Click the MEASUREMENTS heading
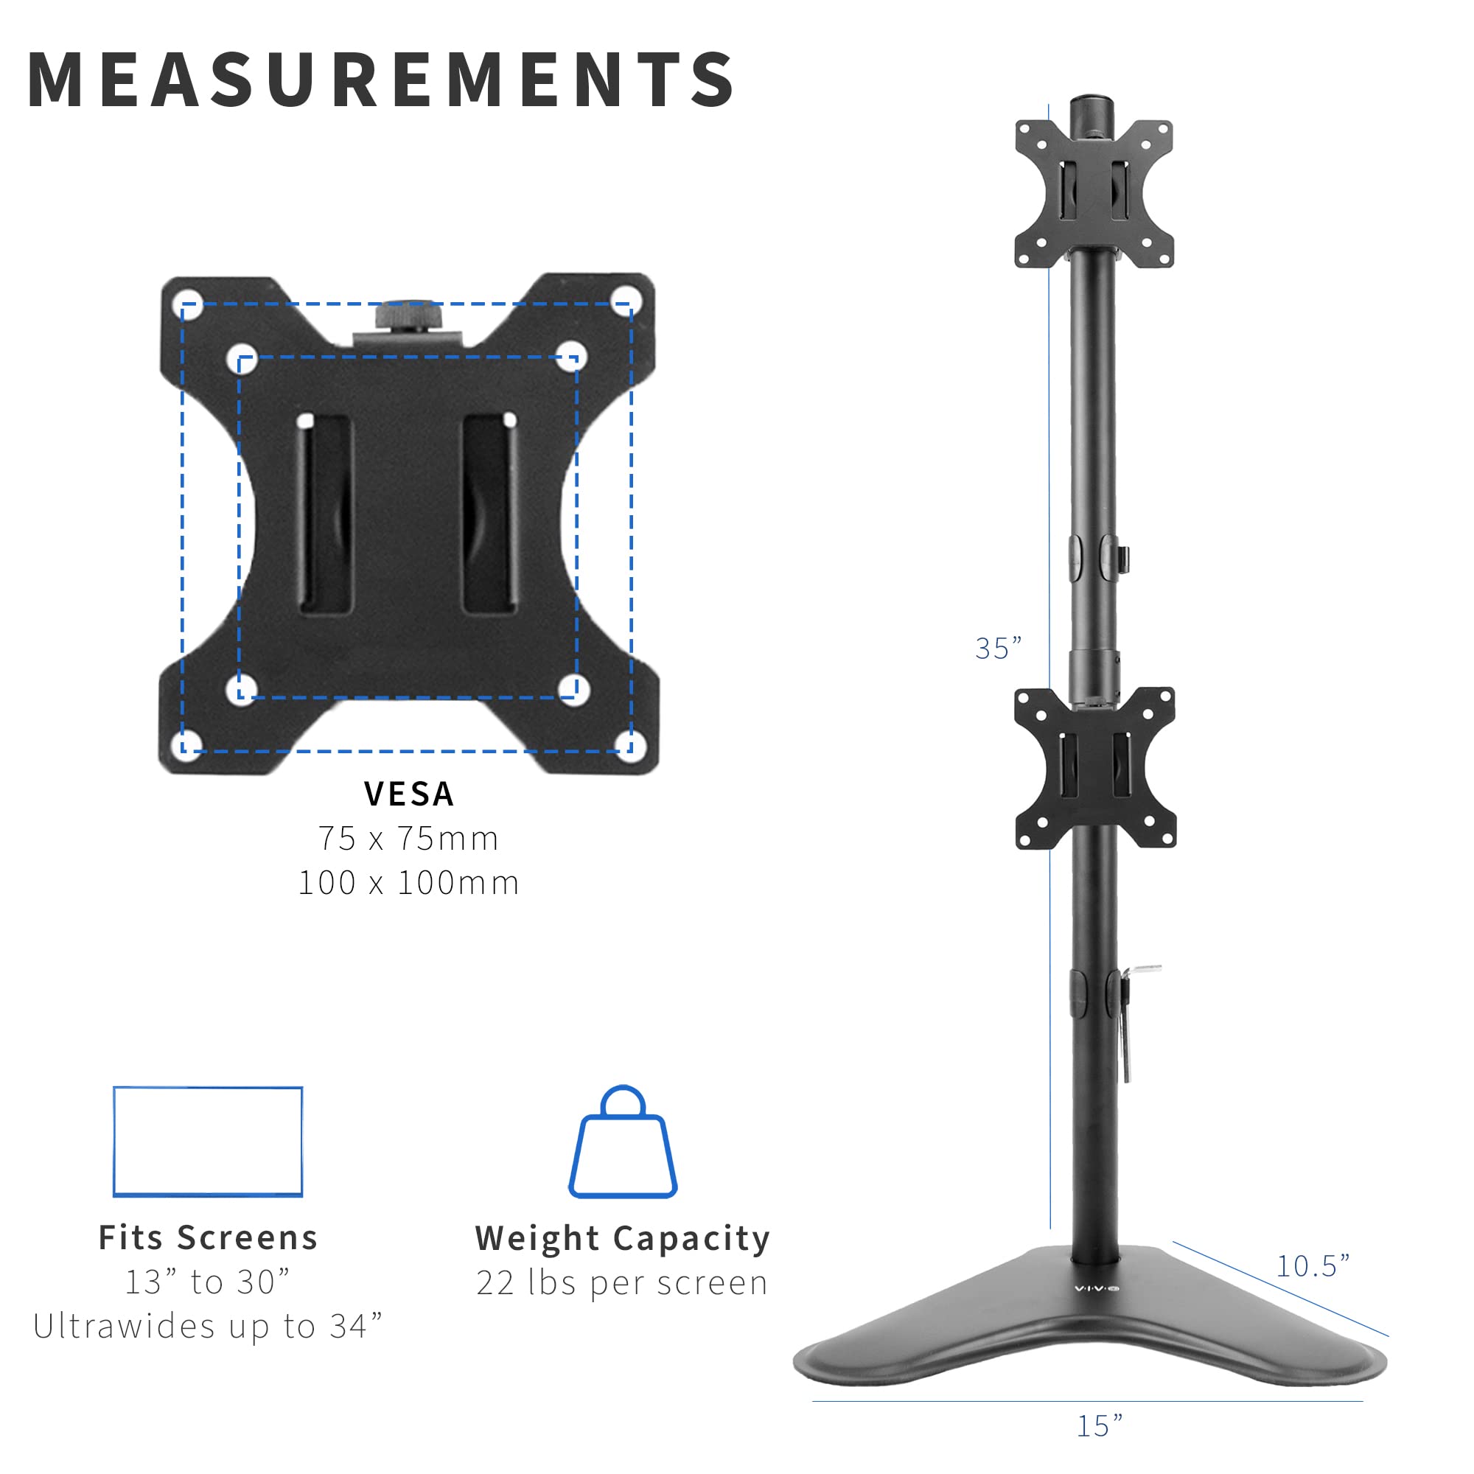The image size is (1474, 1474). [380, 80]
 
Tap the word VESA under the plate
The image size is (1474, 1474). [409, 794]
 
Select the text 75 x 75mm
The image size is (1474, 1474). [409, 839]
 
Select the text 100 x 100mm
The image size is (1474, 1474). [409, 883]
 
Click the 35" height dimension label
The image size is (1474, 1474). [998, 649]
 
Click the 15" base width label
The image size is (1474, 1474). [1100, 1425]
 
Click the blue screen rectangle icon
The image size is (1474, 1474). [208, 1142]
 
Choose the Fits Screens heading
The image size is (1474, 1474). [208, 1238]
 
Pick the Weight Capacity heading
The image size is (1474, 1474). [623, 1239]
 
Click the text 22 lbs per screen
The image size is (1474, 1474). [623, 1283]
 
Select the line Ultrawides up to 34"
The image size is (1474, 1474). [208, 1327]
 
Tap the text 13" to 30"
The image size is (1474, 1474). [208, 1282]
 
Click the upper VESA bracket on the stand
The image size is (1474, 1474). [1094, 194]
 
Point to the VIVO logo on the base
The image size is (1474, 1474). [1097, 1288]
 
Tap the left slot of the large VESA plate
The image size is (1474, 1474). [326, 514]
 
